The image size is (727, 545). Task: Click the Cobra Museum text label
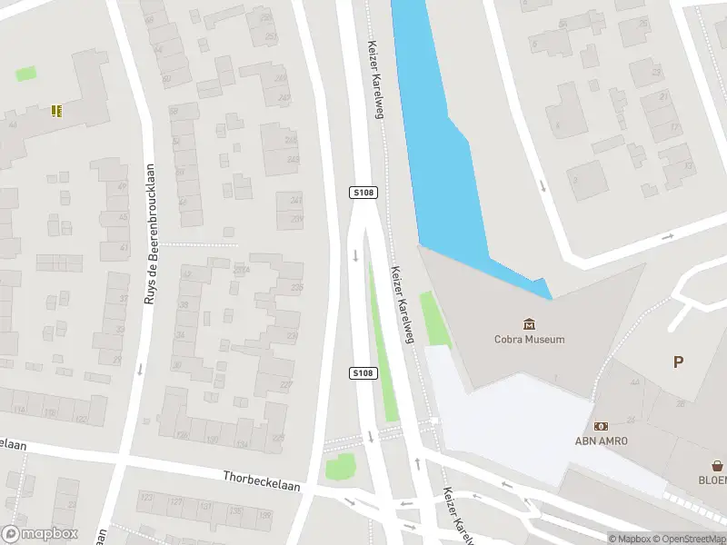point(529,340)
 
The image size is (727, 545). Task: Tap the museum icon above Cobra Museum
point(529,323)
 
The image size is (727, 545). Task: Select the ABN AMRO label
point(601,441)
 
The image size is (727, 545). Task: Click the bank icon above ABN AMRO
point(601,425)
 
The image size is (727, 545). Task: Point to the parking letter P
point(678,362)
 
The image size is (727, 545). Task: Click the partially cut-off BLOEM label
point(712,480)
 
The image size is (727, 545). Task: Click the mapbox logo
point(40,533)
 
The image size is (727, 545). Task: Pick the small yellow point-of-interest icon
point(56,111)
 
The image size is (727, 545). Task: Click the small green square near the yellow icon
point(26,74)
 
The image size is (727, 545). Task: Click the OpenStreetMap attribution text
point(688,539)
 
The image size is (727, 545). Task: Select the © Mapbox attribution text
point(629,539)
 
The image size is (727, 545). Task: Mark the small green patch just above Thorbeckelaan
point(340,468)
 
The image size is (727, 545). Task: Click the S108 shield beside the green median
point(363,373)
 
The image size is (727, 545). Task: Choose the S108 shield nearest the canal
point(363,193)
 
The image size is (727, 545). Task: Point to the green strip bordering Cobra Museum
point(435,318)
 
